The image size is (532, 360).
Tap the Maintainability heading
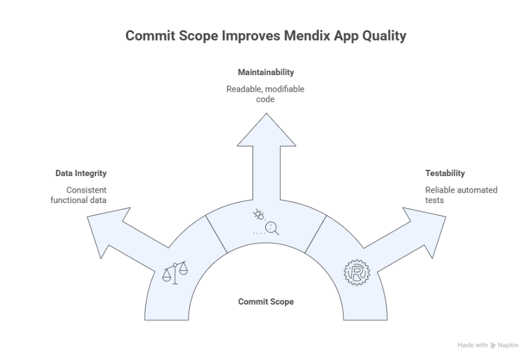click(x=265, y=73)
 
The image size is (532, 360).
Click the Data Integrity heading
click(x=81, y=174)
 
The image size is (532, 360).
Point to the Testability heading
click(x=445, y=174)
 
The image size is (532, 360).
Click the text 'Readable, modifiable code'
click(x=265, y=94)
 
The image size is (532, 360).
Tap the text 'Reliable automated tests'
click(x=461, y=195)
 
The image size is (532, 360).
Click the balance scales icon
click(x=175, y=273)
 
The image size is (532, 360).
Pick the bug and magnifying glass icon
click(x=266, y=223)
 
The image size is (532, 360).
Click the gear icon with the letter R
click(x=356, y=273)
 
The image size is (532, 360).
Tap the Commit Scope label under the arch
click(x=265, y=302)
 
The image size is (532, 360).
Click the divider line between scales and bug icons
click(x=216, y=233)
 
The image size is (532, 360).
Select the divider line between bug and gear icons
click(x=315, y=233)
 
